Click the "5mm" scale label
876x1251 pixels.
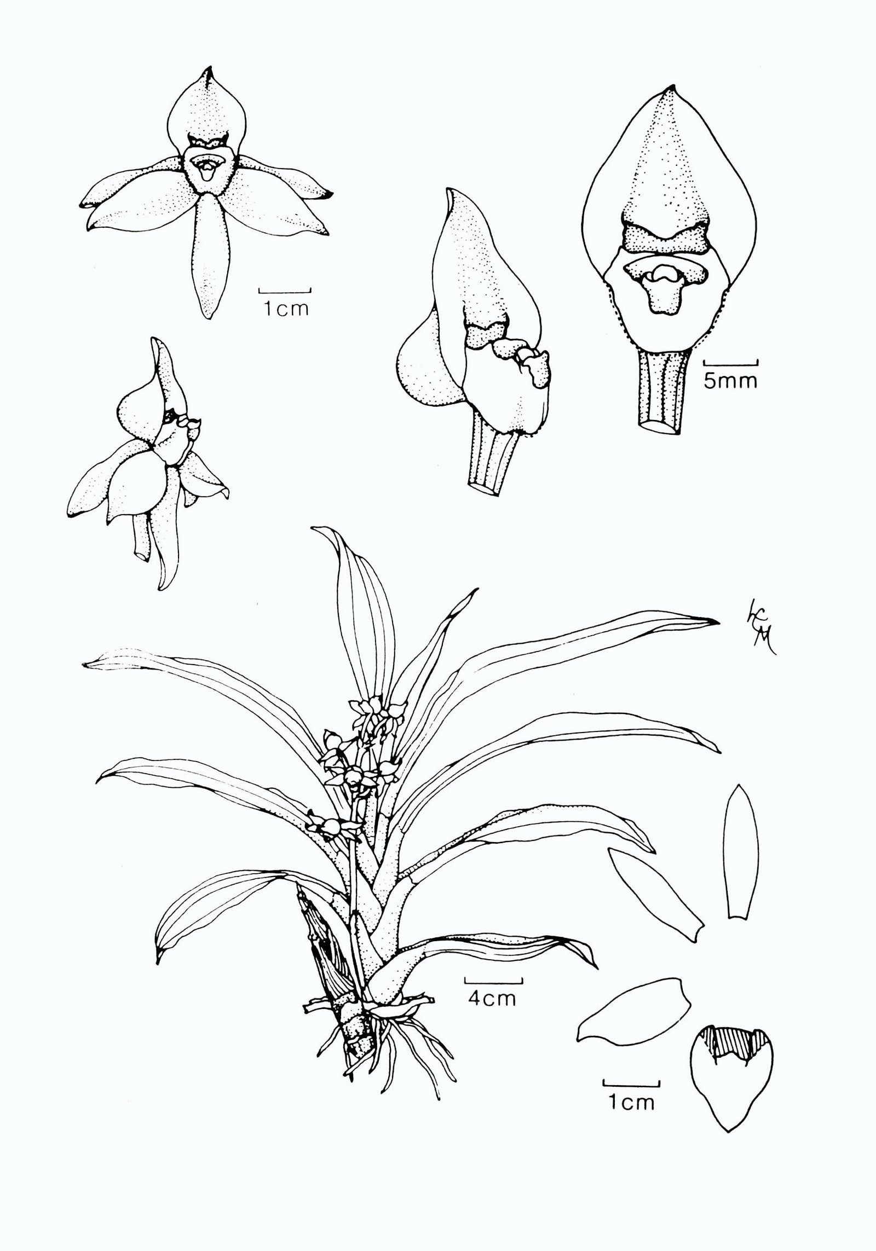coord(730,381)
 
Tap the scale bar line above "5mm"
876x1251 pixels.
coord(730,362)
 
